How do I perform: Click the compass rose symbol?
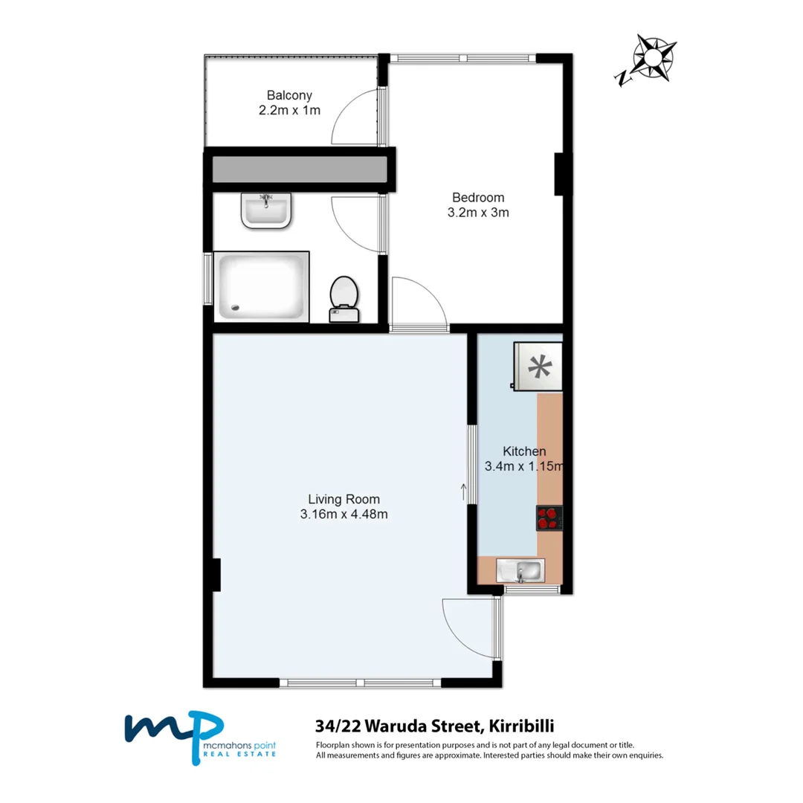point(652,59)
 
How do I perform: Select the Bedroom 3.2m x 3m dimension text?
point(478,212)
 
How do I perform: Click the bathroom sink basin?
point(265,209)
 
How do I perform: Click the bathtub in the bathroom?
point(260,286)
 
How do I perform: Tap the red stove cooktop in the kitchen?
point(549,518)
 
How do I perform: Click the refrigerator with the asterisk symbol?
point(537,366)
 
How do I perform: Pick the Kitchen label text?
point(524,451)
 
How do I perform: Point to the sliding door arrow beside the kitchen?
point(465,491)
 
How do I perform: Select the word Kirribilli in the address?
point(520,725)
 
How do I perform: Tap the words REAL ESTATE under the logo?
point(239,754)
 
